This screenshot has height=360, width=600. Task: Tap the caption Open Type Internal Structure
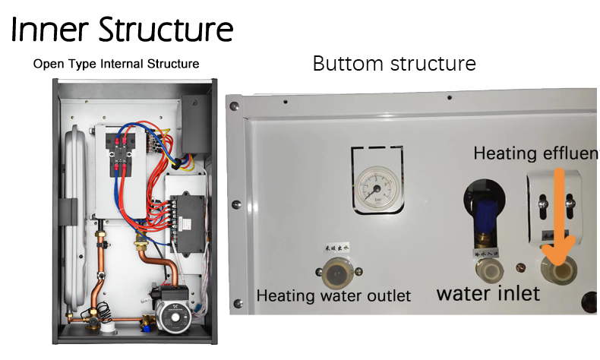point(116,64)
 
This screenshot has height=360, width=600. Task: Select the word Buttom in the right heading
point(348,64)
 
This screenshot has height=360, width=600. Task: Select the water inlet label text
point(488,293)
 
